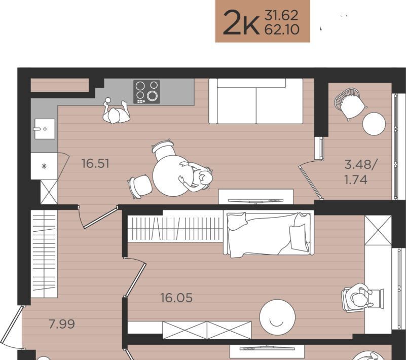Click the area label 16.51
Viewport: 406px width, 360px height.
point(95,163)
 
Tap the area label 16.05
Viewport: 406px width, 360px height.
point(176,298)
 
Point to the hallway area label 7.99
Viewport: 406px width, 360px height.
point(62,324)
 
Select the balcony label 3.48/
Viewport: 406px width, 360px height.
point(361,165)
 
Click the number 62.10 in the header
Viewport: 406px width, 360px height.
point(282,29)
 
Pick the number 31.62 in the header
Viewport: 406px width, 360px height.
point(281,16)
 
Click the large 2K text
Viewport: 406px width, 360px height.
point(241,22)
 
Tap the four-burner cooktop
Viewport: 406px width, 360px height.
point(146,92)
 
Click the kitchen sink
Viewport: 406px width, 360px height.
point(45,129)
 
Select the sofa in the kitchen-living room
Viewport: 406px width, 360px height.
point(256,101)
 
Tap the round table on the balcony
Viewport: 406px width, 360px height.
point(374,124)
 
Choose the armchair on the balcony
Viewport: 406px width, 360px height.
point(349,103)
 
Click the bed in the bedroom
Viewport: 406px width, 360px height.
point(269,234)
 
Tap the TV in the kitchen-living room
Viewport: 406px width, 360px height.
point(256,201)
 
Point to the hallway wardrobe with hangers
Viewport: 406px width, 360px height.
point(44,254)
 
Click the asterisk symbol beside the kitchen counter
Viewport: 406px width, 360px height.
point(44,166)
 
